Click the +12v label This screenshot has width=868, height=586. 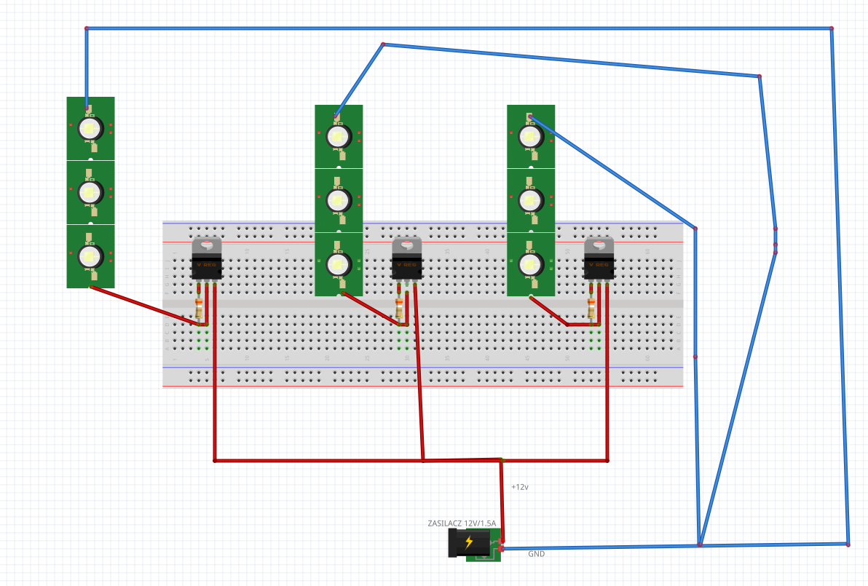519,487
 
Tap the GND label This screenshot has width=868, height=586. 536,554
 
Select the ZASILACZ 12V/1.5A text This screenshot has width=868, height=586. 462,523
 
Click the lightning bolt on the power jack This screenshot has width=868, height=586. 469,542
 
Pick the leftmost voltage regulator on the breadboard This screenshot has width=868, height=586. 206,260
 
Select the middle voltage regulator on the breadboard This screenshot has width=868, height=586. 407,260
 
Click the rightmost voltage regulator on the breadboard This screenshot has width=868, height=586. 599,260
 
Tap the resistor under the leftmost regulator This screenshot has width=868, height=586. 199,309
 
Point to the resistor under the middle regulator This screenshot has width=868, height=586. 399,309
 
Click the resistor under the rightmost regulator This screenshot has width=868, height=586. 591,309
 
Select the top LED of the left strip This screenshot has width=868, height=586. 90,128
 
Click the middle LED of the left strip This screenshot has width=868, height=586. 90,192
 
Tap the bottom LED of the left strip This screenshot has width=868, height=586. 90,256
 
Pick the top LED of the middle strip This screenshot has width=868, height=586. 338,136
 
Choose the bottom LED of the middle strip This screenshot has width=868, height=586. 338,264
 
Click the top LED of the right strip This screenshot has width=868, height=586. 530,136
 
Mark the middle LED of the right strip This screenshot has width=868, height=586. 530,200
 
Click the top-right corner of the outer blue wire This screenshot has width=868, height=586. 832,28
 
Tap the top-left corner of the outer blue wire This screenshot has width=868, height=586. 87,28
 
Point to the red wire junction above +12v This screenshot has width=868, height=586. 502,459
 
